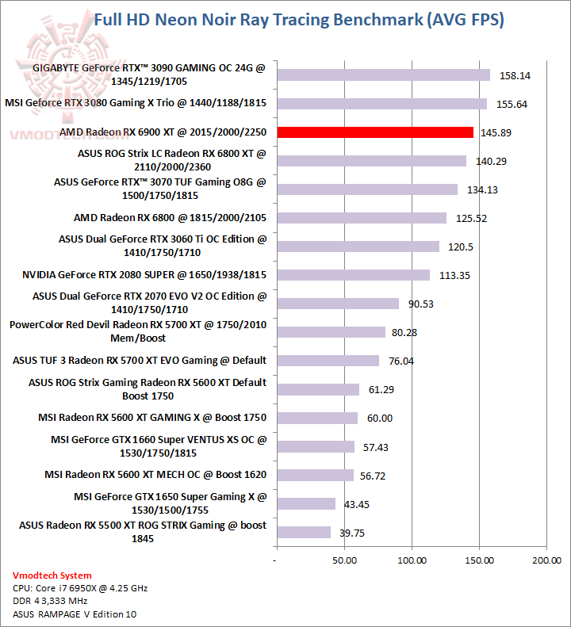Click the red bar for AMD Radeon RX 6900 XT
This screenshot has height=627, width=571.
tap(374, 132)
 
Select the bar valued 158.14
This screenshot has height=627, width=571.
tap(383, 75)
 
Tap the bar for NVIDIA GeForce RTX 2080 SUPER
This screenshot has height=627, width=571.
tap(353, 275)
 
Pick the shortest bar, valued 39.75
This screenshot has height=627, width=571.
tap(303, 533)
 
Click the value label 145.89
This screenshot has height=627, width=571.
tap(496, 132)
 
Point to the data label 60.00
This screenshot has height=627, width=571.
tap(377, 418)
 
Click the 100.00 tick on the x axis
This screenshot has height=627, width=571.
tap(411, 561)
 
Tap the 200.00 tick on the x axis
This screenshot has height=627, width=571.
tap(546, 561)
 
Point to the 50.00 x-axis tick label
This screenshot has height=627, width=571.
tap(343, 561)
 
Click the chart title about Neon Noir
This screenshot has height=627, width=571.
tap(298, 19)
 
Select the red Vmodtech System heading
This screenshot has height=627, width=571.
tap(52, 575)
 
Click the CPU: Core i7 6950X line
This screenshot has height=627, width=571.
tap(80, 588)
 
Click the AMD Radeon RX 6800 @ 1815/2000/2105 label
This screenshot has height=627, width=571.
tap(170, 218)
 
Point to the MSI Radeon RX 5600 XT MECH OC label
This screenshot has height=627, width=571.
tap(155, 475)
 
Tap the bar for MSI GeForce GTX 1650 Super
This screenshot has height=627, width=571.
tap(305, 504)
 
